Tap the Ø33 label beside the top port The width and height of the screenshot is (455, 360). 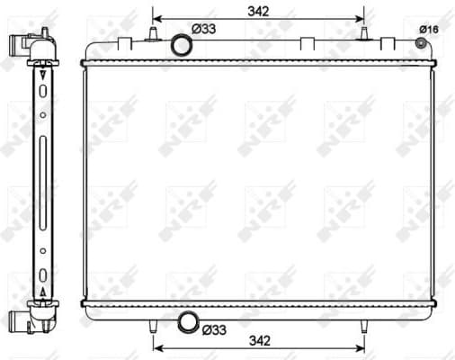207,29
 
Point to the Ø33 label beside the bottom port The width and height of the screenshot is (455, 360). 212,329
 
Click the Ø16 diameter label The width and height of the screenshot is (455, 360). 428,30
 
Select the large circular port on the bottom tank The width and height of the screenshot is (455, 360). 189,321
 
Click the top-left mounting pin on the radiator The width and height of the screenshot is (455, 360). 153,35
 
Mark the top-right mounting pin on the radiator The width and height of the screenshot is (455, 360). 364,34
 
